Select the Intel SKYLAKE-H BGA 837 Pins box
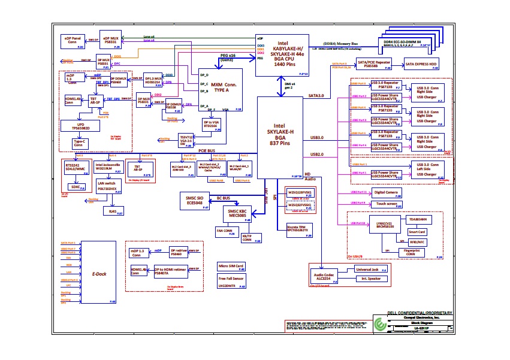coord(279,138)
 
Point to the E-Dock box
coord(99,274)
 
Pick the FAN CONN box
coord(224,231)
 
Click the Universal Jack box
coord(372,271)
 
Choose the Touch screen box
coord(387,204)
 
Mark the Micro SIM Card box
coord(231,266)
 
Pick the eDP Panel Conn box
coord(74,40)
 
